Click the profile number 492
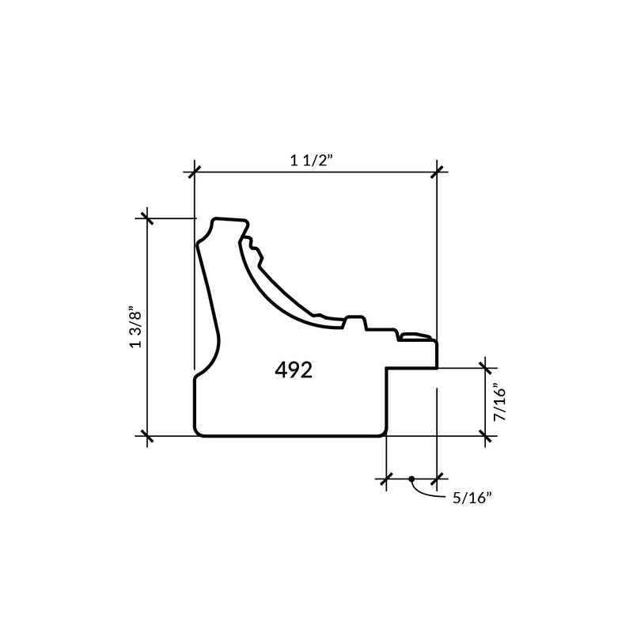click(x=294, y=370)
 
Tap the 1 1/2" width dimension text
click(x=312, y=161)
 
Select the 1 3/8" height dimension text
click(x=135, y=329)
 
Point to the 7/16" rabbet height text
click(x=499, y=402)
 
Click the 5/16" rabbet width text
click(x=472, y=498)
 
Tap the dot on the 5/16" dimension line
click(x=411, y=479)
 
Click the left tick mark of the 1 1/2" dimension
click(x=194, y=172)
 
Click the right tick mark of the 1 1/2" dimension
click(x=437, y=172)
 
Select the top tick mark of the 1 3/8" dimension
click(x=147, y=218)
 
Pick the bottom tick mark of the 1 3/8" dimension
click(x=147, y=436)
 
